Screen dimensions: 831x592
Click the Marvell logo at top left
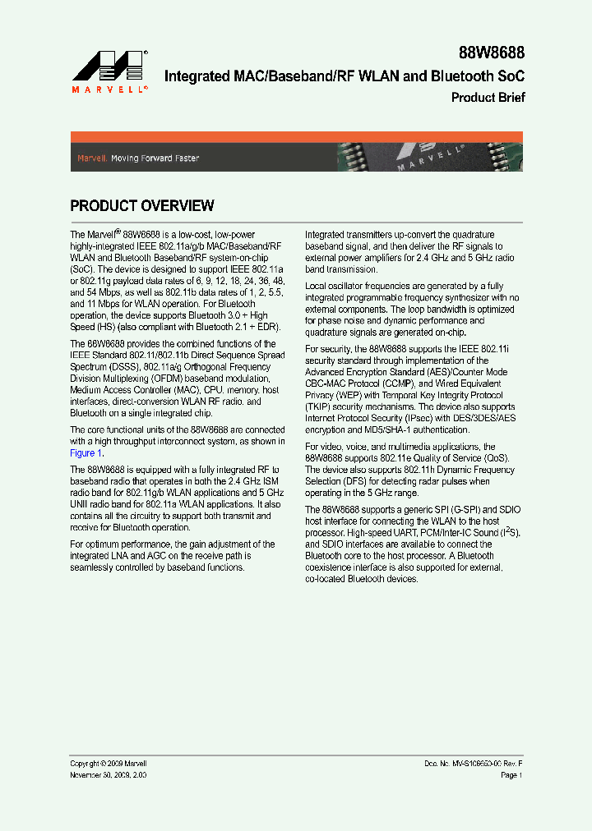pos(109,71)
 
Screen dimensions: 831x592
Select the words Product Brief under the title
pos(488,98)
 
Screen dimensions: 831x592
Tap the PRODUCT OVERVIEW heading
pos(142,206)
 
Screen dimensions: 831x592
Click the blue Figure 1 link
pos(86,453)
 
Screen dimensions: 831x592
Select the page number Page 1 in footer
pos(511,775)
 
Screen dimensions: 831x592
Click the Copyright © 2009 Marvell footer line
pos(109,764)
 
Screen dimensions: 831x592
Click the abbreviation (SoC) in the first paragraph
pos(83,269)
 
